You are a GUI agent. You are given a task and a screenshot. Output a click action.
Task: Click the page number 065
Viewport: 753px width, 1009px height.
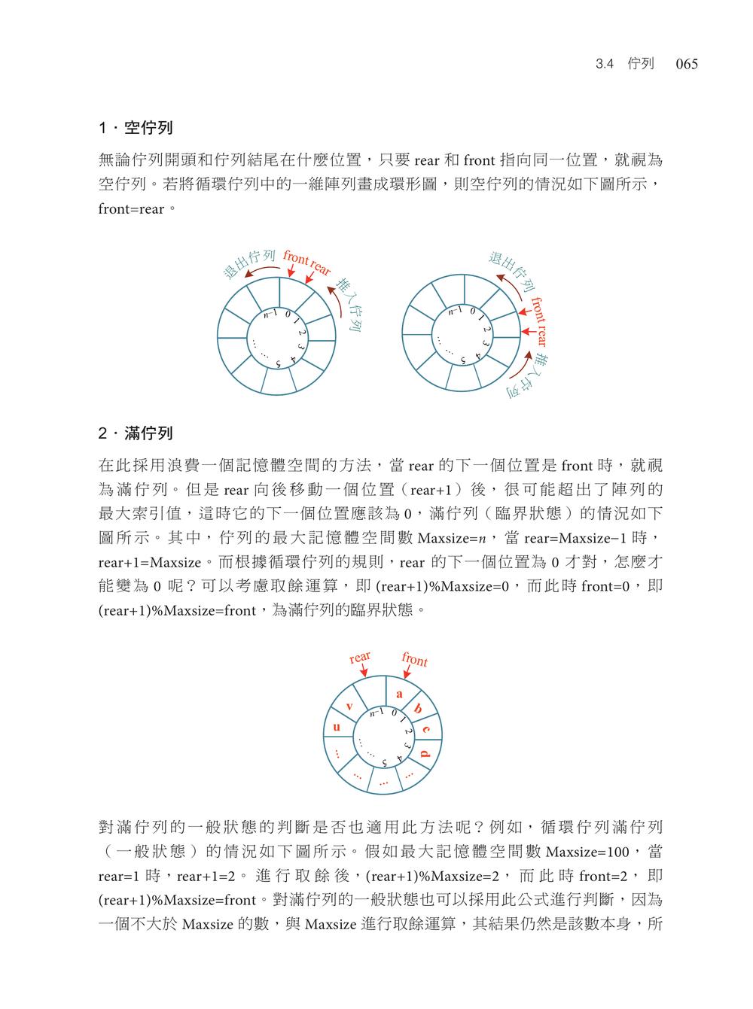[687, 65]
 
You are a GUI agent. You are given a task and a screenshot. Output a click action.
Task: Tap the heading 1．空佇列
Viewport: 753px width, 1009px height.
[136, 129]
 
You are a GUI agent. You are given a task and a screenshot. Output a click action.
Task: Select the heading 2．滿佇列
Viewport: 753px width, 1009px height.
[136, 433]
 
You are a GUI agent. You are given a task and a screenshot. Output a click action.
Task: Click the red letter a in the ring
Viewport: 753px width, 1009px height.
[399, 694]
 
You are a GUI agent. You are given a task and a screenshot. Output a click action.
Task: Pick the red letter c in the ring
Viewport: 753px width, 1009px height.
[426, 729]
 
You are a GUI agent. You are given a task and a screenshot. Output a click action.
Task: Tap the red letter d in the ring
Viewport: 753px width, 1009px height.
[425, 753]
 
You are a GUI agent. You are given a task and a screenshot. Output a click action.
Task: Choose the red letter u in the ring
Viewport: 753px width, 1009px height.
[337, 727]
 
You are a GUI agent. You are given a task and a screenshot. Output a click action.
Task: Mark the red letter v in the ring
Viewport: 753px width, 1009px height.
[349, 706]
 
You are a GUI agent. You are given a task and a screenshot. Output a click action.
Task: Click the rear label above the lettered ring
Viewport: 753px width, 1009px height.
[360, 657]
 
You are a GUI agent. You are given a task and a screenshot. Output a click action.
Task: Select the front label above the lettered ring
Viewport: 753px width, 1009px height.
[414, 660]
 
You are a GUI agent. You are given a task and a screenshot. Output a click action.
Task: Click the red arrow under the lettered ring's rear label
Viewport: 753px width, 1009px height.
[370, 673]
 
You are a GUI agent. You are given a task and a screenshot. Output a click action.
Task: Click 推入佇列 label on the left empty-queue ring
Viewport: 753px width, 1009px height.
[350, 305]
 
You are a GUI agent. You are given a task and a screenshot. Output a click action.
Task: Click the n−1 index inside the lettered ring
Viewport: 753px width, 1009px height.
[376, 712]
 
